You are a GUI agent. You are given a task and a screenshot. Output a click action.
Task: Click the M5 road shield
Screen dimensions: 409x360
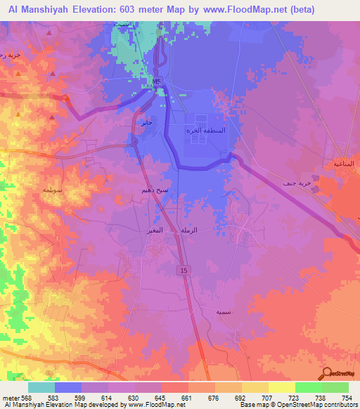tap(156, 82)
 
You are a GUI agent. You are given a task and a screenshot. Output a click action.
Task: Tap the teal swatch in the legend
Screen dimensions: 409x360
tap(41, 387)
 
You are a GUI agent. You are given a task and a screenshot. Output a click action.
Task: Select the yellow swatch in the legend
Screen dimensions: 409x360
tap(281, 387)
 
